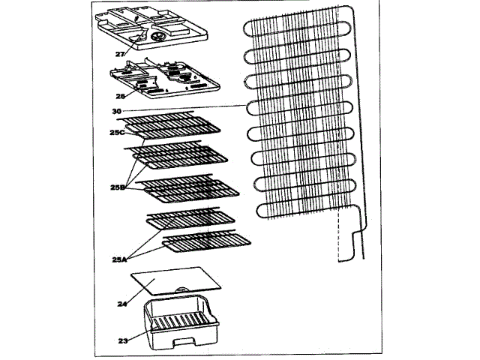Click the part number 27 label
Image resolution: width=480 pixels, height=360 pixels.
(121, 54)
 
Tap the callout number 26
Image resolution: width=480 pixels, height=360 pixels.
(119, 95)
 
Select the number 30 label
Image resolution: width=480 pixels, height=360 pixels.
(116, 110)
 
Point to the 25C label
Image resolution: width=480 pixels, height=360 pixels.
(116, 133)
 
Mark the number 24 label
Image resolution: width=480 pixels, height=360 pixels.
(122, 304)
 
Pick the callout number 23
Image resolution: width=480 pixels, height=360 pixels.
(123, 340)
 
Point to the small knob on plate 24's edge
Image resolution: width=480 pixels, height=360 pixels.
(182, 289)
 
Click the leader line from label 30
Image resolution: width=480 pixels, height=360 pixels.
(180, 109)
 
